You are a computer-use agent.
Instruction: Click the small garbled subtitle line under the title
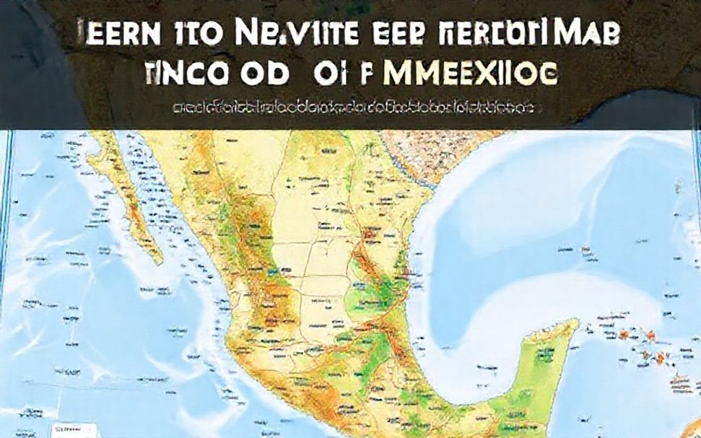click(353, 108)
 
